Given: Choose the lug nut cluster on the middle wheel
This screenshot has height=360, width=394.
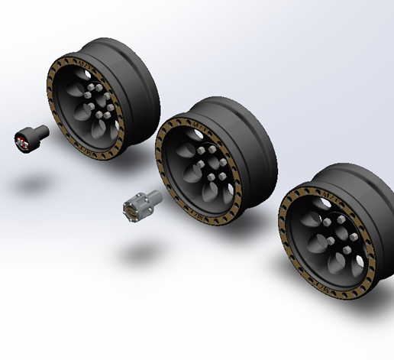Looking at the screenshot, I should (x=209, y=165).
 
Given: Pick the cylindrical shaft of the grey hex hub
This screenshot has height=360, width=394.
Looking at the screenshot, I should (x=153, y=198).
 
